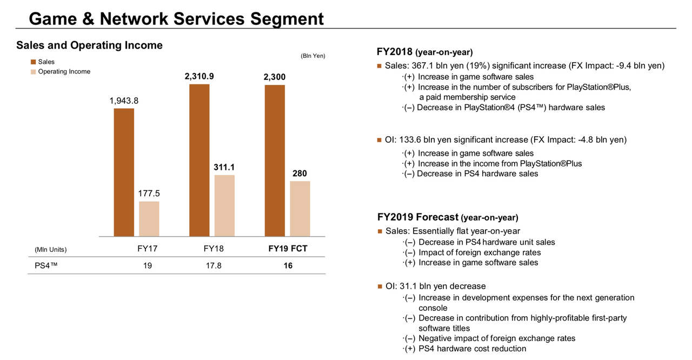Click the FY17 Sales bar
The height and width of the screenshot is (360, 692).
coord(124,172)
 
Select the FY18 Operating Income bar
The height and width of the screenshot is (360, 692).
coord(224,205)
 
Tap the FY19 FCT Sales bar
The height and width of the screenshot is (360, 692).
coord(275,161)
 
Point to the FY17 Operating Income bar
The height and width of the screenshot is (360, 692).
coord(149,219)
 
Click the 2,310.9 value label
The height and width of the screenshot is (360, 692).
coord(199,77)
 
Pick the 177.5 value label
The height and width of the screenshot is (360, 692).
coord(149,194)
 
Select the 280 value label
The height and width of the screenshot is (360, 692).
coord(300,174)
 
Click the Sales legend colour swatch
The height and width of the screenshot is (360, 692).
coord(34,62)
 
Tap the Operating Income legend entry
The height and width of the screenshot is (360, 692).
coord(64,71)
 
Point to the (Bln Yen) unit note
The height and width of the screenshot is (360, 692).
coord(313,56)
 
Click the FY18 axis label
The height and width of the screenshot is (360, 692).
coord(214,249)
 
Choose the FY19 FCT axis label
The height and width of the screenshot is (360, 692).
coord(288,249)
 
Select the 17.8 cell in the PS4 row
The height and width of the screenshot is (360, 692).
coord(214,266)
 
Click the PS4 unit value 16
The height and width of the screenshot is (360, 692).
coord(288,266)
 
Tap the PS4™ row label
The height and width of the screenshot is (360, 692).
coord(46,266)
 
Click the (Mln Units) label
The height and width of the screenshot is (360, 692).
coord(50,250)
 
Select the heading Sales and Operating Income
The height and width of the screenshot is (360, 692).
coord(89,45)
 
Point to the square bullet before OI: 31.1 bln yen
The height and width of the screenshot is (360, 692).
coord(380,286)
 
